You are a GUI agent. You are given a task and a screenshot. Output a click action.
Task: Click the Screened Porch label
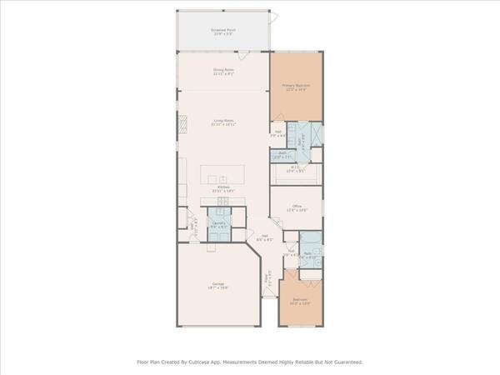tap(222, 30)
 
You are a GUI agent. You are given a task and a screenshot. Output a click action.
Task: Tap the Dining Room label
tap(222, 72)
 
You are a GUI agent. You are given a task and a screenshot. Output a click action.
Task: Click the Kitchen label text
tap(222, 188)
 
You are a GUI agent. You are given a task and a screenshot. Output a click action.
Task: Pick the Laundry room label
tap(218, 223)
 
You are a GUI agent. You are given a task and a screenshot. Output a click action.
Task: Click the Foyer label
tap(268, 282)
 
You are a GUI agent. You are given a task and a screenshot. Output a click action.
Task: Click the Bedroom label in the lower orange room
tap(300, 300)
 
